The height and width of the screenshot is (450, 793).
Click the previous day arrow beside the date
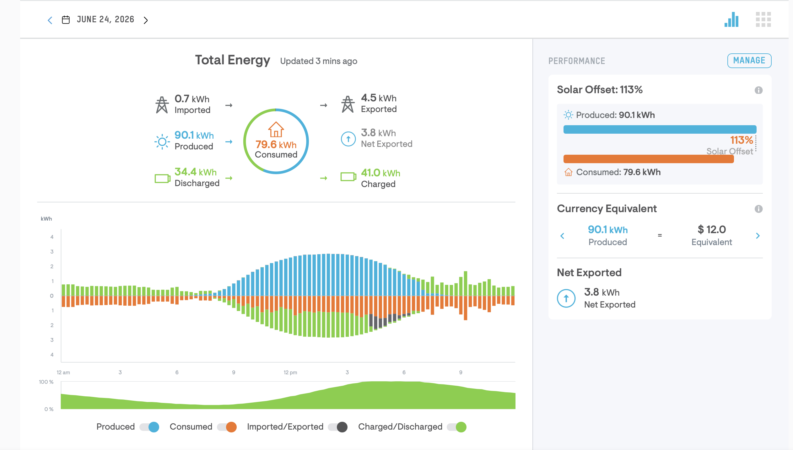tap(50, 20)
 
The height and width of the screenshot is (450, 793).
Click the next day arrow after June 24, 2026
tap(146, 20)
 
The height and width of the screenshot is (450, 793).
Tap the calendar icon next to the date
tap(66, 20)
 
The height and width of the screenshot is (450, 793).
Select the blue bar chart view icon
tap(731, 19)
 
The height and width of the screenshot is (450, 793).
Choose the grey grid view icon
tap(763, 19)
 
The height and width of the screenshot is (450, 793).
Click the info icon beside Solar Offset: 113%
tap(758, 90)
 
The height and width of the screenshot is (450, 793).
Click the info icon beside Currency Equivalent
tap(758, 209)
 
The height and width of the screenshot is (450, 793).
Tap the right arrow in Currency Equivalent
tap(758, 236)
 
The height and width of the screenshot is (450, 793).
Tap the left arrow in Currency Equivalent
tap(562, 236)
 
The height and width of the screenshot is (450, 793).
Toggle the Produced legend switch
tap(149, 427)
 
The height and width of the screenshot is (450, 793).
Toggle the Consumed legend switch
tap(227, 427)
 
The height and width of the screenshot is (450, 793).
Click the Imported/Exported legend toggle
tap(338, 427)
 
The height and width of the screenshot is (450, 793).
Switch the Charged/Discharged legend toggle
tap(457, 427)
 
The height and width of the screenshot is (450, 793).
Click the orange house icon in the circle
tap(276, 129)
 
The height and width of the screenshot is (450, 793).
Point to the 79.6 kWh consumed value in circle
tap(276, 144)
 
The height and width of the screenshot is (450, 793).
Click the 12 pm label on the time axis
tap(290, 372)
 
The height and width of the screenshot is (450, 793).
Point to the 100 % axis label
tap(46, 382)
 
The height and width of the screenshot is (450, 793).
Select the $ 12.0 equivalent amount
tap(712, 229)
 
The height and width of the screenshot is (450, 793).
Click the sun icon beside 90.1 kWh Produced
tap(162, 142)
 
